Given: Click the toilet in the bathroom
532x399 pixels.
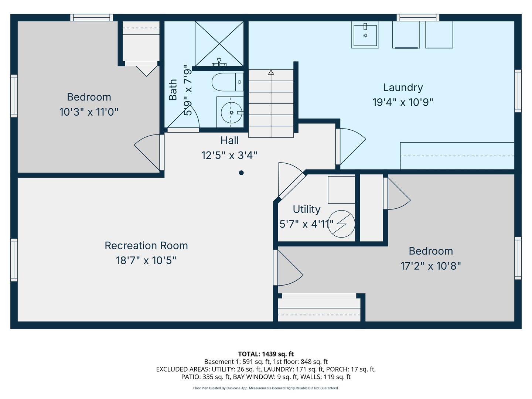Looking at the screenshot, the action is point(227,82).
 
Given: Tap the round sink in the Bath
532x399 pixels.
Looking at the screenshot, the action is point(231,112).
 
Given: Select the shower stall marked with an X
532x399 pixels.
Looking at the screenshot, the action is point(219,44).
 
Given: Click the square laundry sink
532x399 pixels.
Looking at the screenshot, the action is point(365,35).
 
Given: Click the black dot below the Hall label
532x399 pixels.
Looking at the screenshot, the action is point(241,173).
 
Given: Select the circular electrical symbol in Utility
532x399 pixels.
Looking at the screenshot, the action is point(341,224).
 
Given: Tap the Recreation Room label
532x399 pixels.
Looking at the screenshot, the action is point(146,246).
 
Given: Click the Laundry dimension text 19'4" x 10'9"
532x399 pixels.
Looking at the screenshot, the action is point(403,102).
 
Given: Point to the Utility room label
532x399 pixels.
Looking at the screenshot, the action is point(306,209).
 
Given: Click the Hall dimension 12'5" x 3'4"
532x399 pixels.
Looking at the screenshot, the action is point(229,155).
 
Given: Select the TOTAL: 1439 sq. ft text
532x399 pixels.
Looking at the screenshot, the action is point(266,354).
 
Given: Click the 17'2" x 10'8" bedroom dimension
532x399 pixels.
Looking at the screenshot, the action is point(430,266).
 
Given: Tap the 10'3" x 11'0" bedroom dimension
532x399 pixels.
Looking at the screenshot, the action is point(89,112).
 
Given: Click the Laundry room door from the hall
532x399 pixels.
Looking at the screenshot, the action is point(350,147).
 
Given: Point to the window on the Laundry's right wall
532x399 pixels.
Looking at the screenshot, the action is point(518,91).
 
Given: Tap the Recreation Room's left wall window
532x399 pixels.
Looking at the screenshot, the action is point(14,260).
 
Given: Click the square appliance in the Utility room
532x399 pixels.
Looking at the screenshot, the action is point(341,190).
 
